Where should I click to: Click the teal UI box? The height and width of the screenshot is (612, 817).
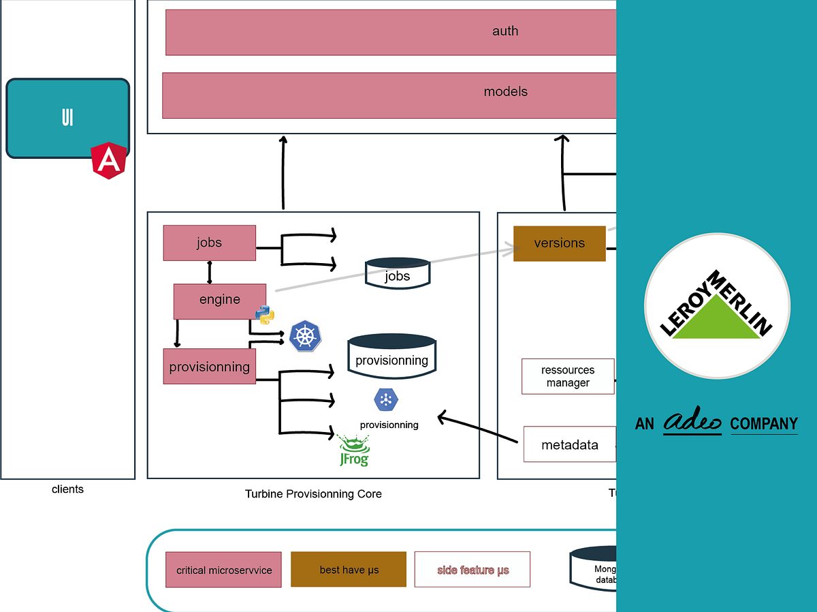(67, 118)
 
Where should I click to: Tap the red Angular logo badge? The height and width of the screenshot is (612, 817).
(107, 162)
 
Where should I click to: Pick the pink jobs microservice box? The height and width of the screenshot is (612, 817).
(209, 243)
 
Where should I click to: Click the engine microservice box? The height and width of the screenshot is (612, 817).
(219, 301)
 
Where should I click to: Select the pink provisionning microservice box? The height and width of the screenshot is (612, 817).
(209, 367)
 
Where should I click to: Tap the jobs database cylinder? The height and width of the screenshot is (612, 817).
(398, 273)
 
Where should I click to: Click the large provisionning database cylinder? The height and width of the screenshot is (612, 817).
(391, 354)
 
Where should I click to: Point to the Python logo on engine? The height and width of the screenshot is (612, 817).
(265, 314)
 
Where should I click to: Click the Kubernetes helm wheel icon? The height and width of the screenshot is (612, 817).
(305, 336)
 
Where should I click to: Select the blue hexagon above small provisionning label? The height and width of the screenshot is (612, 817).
(385, 399)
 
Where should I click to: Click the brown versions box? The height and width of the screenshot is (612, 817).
(559, 243)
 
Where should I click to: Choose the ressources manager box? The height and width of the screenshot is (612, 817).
(568, 376)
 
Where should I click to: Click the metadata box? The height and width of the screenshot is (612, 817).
(569, 445)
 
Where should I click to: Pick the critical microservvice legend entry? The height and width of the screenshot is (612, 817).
(223, 570)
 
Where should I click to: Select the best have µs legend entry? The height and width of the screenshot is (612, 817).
(349, 569)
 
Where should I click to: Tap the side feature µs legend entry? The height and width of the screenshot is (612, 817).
(472, 569)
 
